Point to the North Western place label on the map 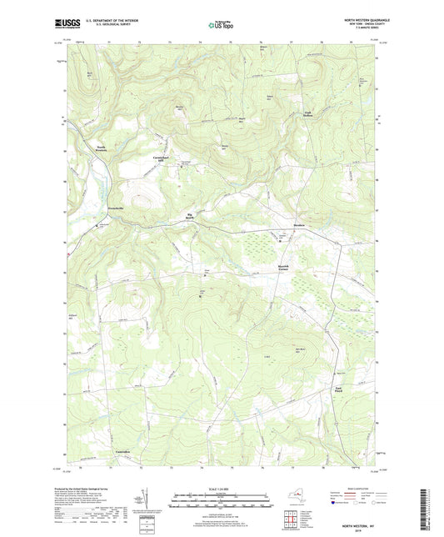[101, 149]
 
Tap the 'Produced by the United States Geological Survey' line [87, 490]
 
